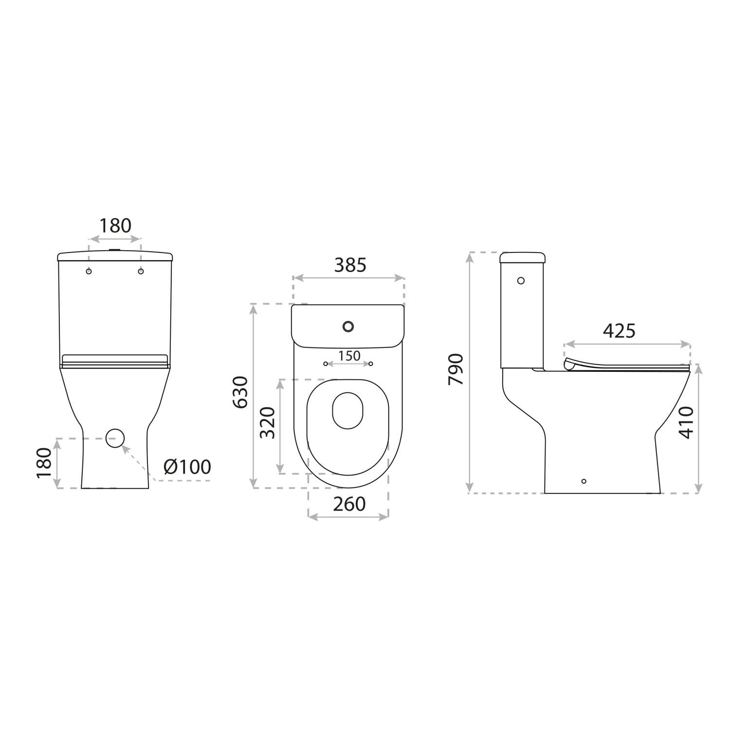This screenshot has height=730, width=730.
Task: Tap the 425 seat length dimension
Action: (x=619, y=331)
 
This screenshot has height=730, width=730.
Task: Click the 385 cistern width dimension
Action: (x=350, y=265)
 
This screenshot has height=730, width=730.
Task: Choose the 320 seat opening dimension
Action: (x=268, y=423)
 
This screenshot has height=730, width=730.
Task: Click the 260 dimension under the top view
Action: (x=349, y=504)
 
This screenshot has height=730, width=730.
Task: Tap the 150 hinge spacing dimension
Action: (x=349, y=356)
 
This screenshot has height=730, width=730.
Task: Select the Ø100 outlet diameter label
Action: (x=187, y=467)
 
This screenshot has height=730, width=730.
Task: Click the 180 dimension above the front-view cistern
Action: (x=115, y=226)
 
